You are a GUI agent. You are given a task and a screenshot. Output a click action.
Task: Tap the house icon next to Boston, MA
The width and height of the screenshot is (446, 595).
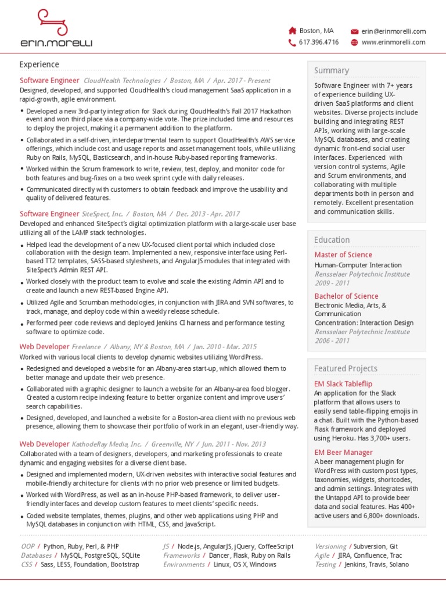[x=293, y=31]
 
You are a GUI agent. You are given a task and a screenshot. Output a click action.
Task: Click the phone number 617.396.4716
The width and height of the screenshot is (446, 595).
[x=319, y=42]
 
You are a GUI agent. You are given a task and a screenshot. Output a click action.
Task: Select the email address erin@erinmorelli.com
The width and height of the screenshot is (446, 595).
[x=394, y=31]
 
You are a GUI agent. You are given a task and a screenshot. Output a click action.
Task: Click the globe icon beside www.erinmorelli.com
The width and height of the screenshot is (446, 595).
[x=354, y=42]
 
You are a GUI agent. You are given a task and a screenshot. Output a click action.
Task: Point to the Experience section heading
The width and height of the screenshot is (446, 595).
[x=39, y=64]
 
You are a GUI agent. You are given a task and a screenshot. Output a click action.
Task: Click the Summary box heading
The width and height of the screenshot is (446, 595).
[x=332, y=70]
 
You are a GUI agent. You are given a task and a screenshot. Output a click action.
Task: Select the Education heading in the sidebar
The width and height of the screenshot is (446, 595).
[x=332, y=240]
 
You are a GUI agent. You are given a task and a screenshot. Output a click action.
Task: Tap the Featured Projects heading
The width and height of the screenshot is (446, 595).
[x=346, y=368]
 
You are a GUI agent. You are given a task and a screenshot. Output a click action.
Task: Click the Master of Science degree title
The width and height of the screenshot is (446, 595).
[x=343, y=255]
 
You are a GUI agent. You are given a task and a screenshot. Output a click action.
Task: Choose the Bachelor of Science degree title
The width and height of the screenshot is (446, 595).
[x=346, y=296]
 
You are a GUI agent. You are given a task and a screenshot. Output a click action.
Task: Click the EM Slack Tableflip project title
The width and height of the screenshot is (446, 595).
[x=343, y=383]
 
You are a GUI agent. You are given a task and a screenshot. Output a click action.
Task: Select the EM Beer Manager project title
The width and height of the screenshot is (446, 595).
[x=343, y=452]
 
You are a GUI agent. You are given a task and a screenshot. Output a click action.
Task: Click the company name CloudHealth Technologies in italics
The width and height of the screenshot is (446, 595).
[x=122, y=81]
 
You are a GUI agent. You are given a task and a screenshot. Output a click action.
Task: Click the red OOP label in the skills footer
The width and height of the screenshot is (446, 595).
[x=28, y=547]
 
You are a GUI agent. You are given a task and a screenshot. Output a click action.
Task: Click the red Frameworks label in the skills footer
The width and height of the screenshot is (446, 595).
[x=181, y=555]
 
